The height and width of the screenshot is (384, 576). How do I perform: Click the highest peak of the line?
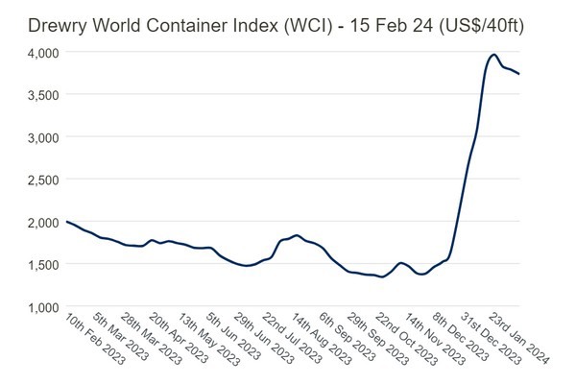pyautogui.click(x=493, y=55)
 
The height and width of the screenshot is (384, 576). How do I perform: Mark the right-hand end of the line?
pyautogui.click(x=520, y=74)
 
